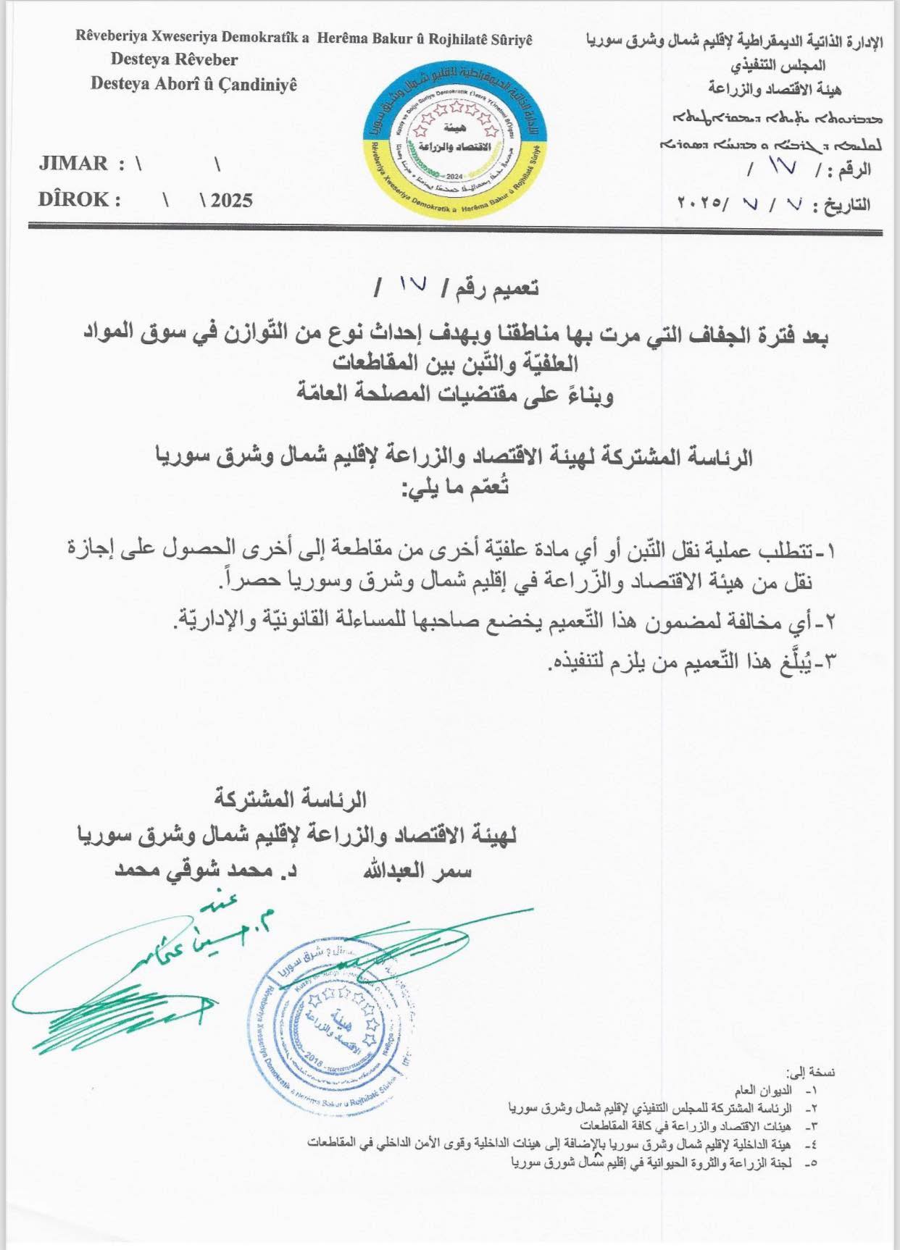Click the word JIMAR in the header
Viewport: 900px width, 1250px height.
pos(73,164)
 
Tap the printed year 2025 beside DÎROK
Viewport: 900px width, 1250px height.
pos(231,201)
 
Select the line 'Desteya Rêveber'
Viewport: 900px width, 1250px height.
pos(174,59)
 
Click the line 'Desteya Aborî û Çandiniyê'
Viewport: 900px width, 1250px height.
pos(193,84)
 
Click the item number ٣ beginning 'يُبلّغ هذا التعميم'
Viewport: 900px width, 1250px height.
pos(829,661)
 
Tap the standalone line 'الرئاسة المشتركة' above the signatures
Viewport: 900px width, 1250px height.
pos(291,800)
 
